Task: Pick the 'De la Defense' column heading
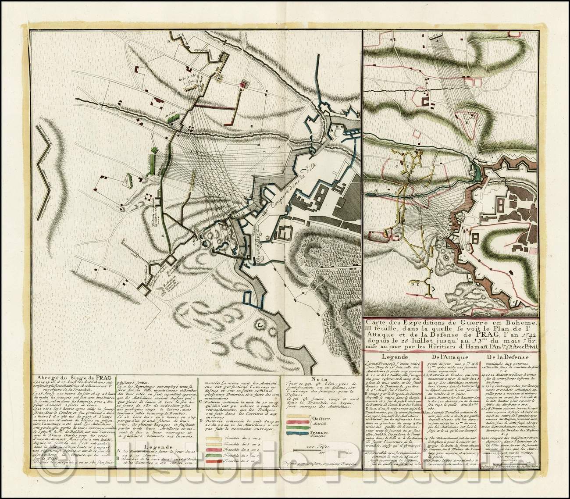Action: [x=509, y=356]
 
